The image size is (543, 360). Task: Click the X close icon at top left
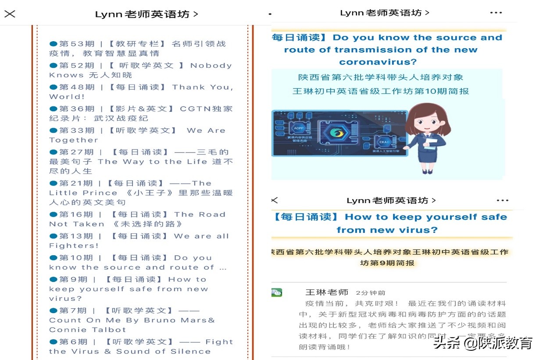click(10, 14)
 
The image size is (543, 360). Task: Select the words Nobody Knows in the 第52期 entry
click(140, 70)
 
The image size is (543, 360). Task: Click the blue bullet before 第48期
click(54, 87)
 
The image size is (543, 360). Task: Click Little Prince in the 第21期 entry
click(83, 193)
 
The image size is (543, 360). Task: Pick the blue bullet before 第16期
click(54, 214)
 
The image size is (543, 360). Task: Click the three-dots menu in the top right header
click(496, 13)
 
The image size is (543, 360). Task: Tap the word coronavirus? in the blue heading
click(378, 62)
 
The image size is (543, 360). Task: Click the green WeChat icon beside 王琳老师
click(276, 292)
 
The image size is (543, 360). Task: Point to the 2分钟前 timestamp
click(371, 293)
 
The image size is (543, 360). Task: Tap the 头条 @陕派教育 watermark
click(482, 343)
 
